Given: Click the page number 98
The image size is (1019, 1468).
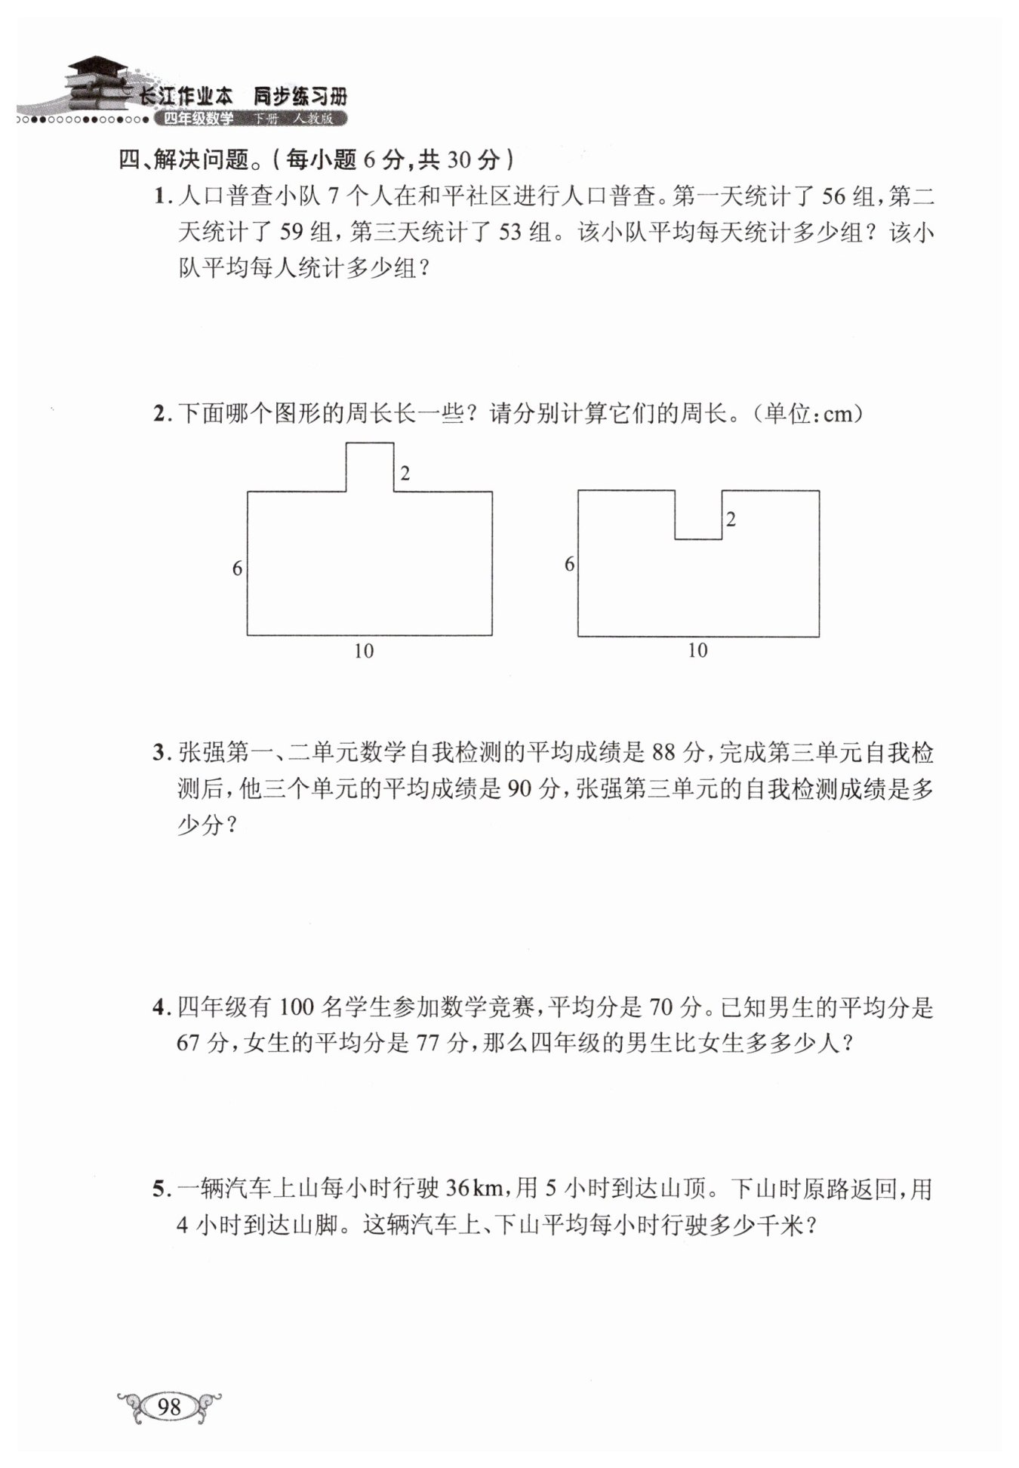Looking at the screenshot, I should click(170, 1406).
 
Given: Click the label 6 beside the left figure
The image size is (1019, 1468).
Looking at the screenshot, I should click(237, 568).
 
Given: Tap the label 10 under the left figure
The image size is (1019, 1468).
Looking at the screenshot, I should click(364, 651).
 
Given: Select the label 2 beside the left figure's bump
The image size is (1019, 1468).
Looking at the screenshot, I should click(405, 473).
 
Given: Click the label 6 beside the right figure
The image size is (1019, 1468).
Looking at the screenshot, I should click(569, 563).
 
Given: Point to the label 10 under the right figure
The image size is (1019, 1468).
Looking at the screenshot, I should click(697, 650).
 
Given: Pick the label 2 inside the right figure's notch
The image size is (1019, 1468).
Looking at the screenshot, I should click(731, 519).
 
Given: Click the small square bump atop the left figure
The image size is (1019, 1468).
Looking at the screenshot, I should click(370, 467).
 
